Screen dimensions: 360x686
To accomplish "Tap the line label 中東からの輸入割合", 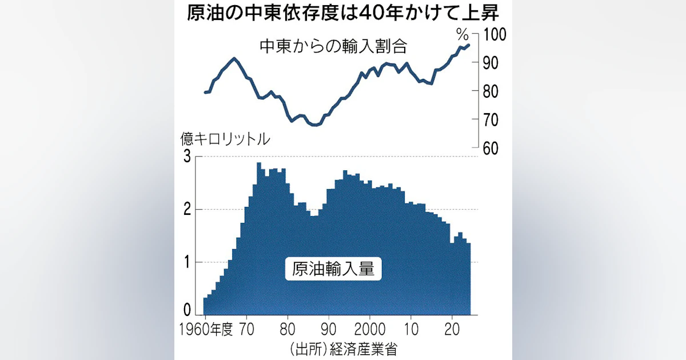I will pyautogui.click(x=336, y=45).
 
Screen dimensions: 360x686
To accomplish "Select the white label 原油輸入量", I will pyautogui.click(x=333, y=268).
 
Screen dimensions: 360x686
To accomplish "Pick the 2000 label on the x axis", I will pyautogui.click(x=370, y=330).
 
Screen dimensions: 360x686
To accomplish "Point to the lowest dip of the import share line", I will pyautogui.click(x=314, y=125).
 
